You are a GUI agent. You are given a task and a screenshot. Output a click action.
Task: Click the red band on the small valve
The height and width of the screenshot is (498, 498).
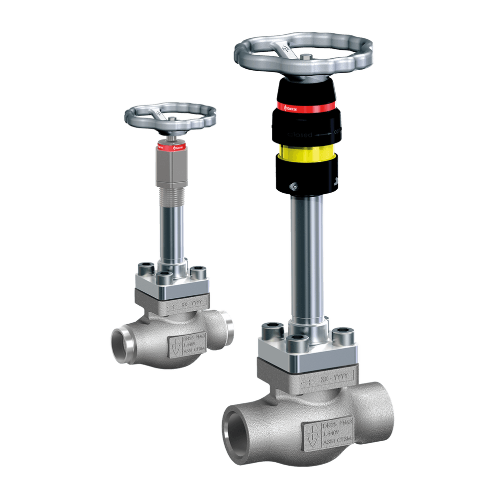coord(171,146)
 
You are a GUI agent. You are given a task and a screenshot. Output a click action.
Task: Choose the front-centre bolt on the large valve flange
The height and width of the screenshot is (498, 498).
coord(298,344)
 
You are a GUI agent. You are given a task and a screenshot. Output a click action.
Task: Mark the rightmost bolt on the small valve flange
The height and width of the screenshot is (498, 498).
coord(198,272)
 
